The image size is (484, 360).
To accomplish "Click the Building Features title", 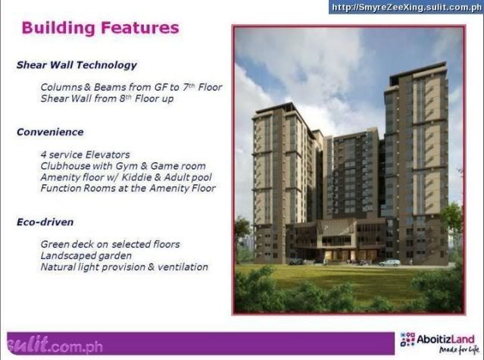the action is (x=100, y=28).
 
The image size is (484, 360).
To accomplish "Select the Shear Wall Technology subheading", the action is (x=77, y=65).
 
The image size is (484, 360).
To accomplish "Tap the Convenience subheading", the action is (x=50, y=132).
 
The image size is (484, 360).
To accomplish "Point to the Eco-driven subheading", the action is (x=45, y=222).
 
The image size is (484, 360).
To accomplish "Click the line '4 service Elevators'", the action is (x=85, y=155).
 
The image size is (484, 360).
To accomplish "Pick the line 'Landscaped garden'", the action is (x=86, y=256).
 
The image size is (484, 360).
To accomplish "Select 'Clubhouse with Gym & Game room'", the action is (x=123, y=166).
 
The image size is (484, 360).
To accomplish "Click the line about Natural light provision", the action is (x=124, y=267).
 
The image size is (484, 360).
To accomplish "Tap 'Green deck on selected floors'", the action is (x=110, y=245).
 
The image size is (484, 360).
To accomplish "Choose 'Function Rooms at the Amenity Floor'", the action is (x=128, y=188).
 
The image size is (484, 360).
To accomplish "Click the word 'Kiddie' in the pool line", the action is (x=136, y=177).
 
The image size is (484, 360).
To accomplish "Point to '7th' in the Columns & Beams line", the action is (x=189, y=87).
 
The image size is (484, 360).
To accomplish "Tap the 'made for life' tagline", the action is (x=459, y=349).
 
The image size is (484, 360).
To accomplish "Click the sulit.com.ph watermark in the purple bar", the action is (x=55, y=345).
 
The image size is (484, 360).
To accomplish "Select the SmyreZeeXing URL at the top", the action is (x=406, y=8).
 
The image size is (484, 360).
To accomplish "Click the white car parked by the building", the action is (x=389, y=263).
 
